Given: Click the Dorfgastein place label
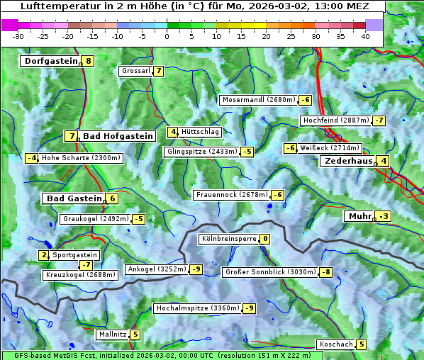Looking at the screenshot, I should (50, 61).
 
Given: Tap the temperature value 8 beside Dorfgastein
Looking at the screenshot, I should (88, 61).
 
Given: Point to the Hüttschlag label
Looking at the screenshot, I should (201, 132).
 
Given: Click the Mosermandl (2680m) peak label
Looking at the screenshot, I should (258, 100).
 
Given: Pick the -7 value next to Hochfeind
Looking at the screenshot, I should (379, 120).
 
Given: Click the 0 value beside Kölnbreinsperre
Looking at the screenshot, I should (264, 239).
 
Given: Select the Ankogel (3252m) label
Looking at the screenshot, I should (156, 269).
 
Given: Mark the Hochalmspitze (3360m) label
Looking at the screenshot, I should (197, 308).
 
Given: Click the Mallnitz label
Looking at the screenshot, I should (113, 334).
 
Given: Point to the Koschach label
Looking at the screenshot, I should (336, 344).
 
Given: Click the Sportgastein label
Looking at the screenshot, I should (75, 255).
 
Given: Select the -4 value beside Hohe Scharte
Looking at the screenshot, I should (31, 158).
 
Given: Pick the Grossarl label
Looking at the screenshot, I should (136, 71).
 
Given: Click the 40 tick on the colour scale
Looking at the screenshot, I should (365, 36).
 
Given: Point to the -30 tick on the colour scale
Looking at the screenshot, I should (18, 36).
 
